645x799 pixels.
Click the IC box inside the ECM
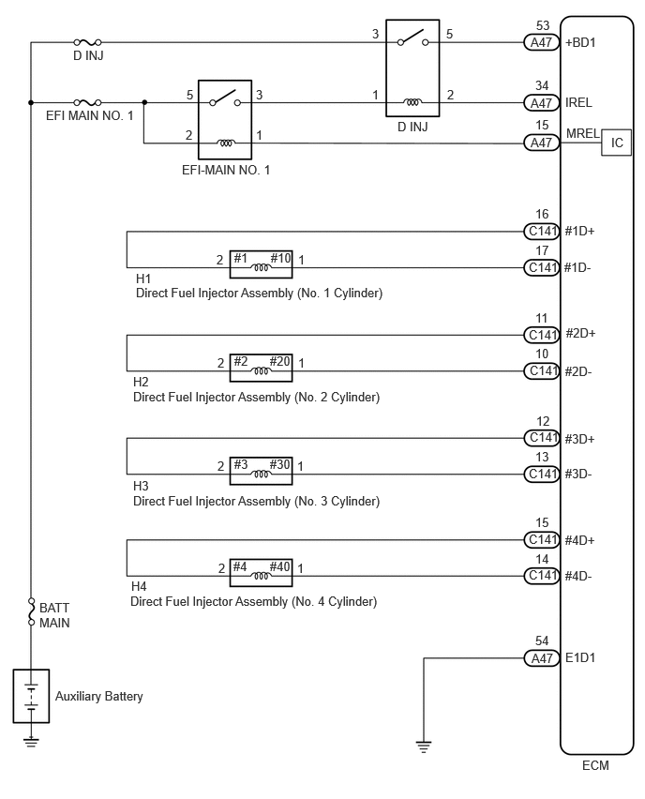point(616,143)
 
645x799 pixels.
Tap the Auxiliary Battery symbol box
point(31,696)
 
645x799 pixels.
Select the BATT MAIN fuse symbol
point(31,612)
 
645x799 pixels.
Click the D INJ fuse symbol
point(87,42)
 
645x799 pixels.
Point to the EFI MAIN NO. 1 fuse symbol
point(87,102)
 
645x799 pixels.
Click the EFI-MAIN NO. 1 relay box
point(225,119)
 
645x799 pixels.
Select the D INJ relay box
point(412,68)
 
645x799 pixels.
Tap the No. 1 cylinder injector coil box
point(261,264)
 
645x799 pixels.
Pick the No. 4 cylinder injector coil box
point(261,572)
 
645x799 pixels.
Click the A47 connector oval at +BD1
point(542,42)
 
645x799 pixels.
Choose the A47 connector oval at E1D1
point(542,658)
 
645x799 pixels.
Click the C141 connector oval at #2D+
point(542,335)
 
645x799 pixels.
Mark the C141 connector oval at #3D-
point(542,474)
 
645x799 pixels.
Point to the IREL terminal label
point(578,102)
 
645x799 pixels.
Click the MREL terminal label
point(583,133)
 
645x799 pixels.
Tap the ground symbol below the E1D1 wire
point(424,746)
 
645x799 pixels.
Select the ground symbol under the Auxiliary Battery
point(31,742)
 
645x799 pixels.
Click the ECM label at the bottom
point(595,765)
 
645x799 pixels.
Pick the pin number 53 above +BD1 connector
point(543,25)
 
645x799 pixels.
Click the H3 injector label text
point(141,486)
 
